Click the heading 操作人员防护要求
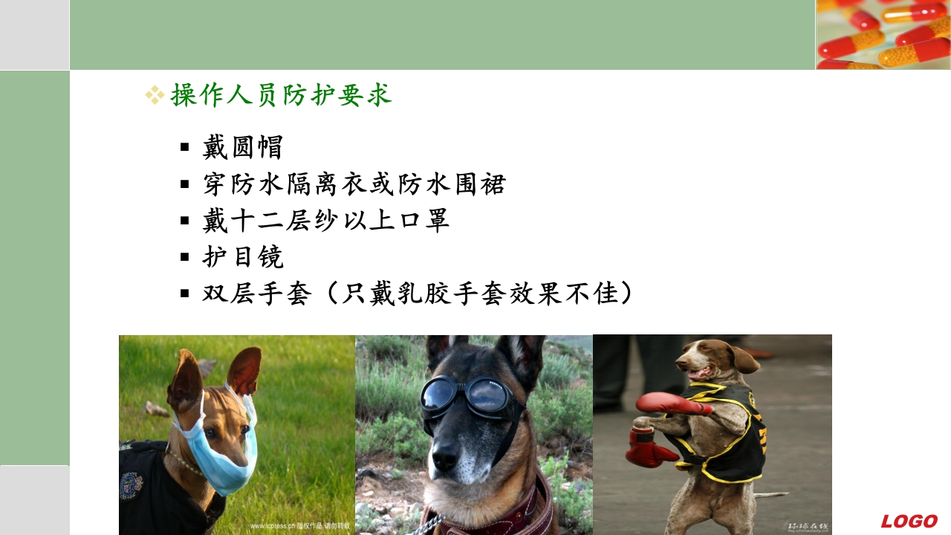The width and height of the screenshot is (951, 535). [281, 96]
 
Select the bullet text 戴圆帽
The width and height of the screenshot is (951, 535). [242, 147]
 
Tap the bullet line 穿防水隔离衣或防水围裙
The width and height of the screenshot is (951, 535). [354, 184]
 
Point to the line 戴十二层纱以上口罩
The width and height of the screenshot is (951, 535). [325, 221]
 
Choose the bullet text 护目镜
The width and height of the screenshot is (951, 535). [242, 257]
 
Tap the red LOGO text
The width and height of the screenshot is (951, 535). [909, 521]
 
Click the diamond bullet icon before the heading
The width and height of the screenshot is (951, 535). [155, 94]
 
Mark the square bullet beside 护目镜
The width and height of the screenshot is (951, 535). [185, 257]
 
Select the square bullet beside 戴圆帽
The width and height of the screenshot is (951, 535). [185, 147]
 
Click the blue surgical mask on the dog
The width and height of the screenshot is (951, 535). [219, 453]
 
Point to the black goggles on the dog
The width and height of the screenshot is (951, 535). [468, 398]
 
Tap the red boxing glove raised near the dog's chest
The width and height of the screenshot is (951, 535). [669, 403]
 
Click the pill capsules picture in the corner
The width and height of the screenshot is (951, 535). [883, 34]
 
